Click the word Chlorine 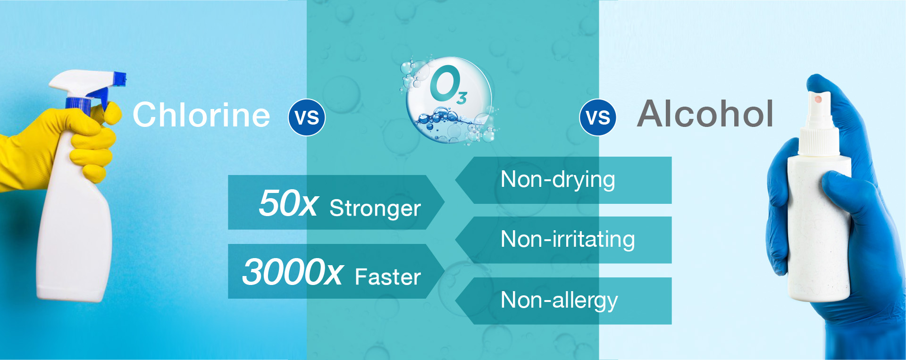[x=201, y=115]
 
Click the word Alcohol [x=705, y=114]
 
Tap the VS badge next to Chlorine [x=307, y=117]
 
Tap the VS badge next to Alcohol [x=598, y=117]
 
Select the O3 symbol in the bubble [x=447, y=85]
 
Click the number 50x [x=288, y=203]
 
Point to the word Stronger [x=375, y=209]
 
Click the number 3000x [x=293, y=272]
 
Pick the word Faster [x=388, y=277]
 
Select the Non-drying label [x=558, y=180]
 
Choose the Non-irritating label [x=568, y=240]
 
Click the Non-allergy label [x=559, y=301]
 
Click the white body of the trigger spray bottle [x=75, y=231]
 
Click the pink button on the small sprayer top [x=818, y=99]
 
